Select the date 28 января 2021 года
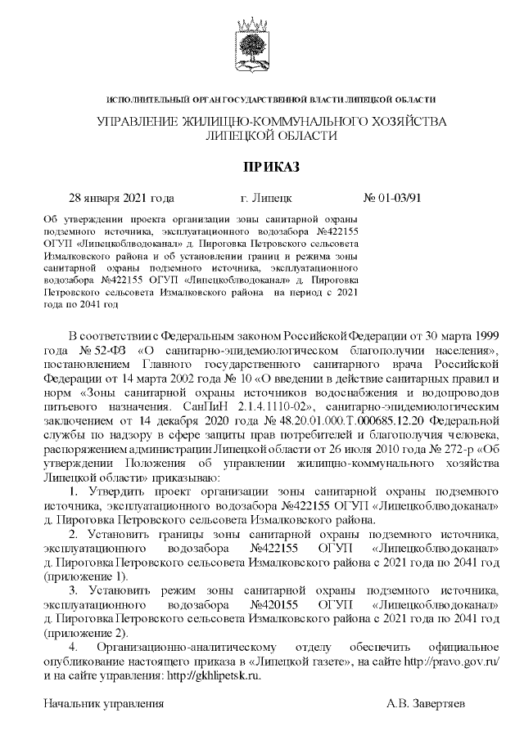121,199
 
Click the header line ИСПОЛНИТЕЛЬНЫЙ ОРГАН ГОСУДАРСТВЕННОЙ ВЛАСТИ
270,100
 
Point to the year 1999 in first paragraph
482,337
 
